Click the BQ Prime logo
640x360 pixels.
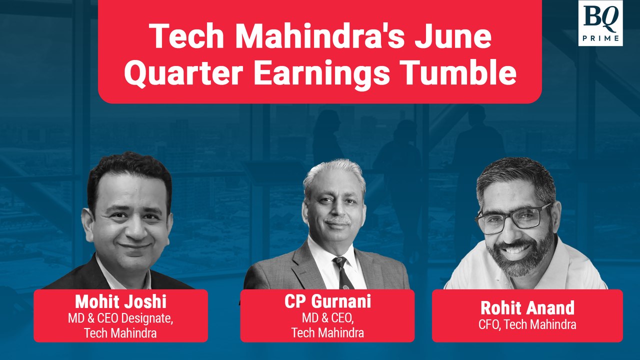pyautogui.click(x=600, y=23)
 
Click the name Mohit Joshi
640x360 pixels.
pyautogui.click(x=120, y=301)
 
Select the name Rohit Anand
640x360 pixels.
pyautogui.click(x=527, y=307)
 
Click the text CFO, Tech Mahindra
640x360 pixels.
pyautogui.click(x=527, y=324)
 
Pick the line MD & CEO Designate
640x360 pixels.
pyautogui.click(x=120, y=317)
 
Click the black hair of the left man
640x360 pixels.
pyautogui.click(x=127, y=172)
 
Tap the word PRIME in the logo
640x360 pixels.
pyautogui.click(x=600, y=37)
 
